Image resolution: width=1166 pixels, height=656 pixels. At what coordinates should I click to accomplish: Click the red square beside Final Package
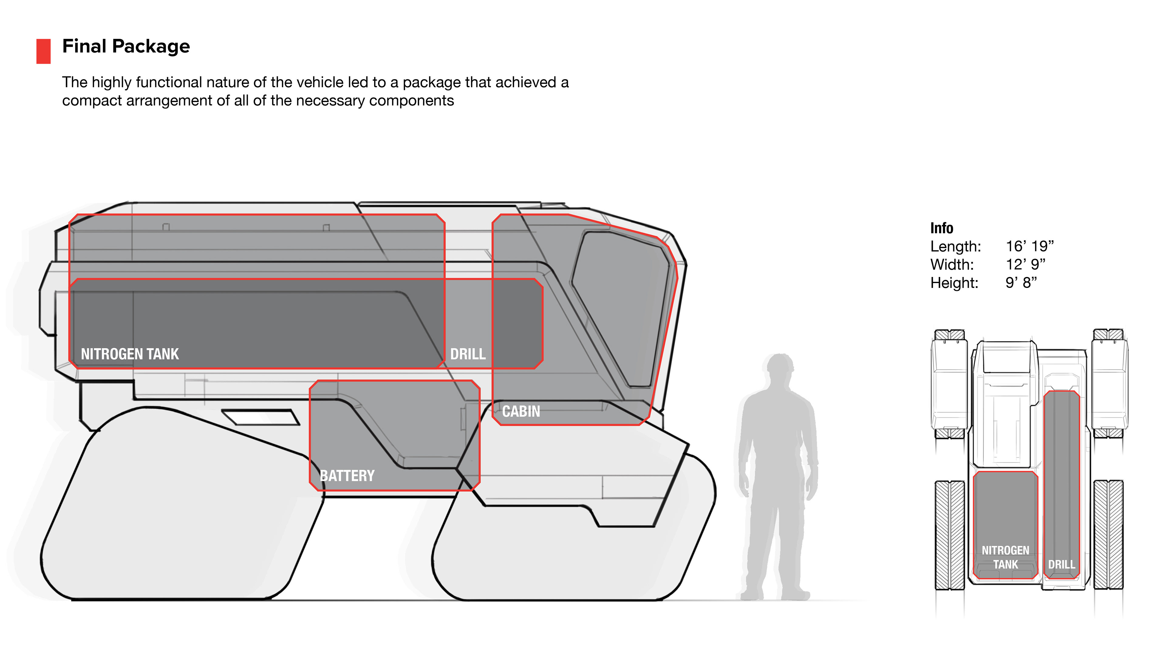pos(43,51)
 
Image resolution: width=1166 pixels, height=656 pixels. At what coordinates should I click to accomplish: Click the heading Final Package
pos(126,46)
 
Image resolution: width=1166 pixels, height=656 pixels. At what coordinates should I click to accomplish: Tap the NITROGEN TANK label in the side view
pos(130,354)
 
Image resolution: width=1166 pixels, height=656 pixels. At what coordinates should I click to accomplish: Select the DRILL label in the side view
pos(468,354)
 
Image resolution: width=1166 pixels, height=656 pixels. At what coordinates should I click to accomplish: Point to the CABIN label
pos(521,412)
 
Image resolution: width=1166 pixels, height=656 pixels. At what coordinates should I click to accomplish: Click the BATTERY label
pos(347,476)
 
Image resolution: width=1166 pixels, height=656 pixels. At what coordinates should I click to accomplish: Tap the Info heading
pos(942,228)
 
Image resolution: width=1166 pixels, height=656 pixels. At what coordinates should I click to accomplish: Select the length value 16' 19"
pos(1030,246)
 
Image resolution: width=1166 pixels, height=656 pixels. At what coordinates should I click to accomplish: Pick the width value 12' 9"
pos(1025,265)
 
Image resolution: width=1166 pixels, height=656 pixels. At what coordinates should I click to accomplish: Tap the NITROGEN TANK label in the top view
pos(1005,557)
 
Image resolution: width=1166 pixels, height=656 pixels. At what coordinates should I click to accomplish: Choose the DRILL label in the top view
pos(1062,565)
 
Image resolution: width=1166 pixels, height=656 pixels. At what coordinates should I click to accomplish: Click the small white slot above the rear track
pos(260,417)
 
